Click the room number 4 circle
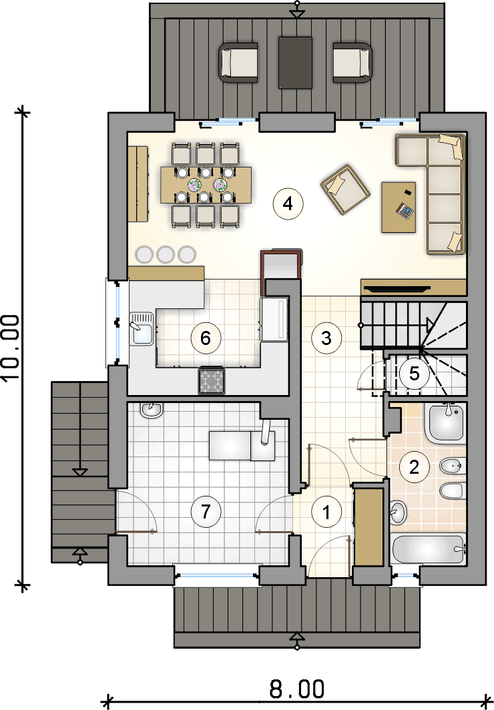tap(288, 204)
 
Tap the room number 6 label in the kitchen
tap(206, 338)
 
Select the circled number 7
tap(206, 512)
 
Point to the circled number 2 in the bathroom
tap(414, 466)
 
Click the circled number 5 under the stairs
tap(414, 374)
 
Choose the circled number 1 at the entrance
tap(326, 512)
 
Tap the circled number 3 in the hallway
tap(326, 338)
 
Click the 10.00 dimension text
tap(11, 348)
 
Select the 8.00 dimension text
tap(297, 689)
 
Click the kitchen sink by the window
tap(142, 329)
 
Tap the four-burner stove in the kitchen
tap(211, 380)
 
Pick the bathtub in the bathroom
tap(428, 550)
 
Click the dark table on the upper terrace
tap(295, 63)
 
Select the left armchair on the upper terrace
tap(238, 63)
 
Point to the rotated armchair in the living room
tap(345, 189)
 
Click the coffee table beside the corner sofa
tap(399, 208)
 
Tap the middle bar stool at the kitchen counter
tap(166, 254)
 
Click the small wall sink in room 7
tap(152, 410)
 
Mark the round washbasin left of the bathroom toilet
tap(398, 512)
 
